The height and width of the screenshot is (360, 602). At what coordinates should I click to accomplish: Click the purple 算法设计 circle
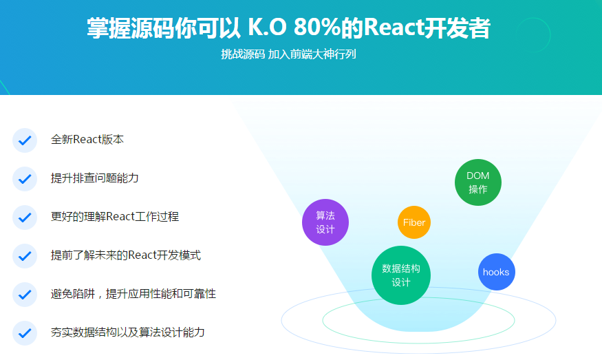[325, 222]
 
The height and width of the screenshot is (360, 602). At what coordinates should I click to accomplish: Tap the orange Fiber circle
[414, 222]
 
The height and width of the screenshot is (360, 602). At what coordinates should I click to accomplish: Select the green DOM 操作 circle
[478, 182]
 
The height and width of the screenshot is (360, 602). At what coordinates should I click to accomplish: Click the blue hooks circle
[497, 272]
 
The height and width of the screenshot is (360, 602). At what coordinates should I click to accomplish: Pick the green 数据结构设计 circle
[401, 275]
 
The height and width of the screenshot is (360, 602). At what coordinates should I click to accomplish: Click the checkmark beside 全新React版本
[25, 140]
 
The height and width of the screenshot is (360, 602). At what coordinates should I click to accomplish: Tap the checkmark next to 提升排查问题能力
[25, 179]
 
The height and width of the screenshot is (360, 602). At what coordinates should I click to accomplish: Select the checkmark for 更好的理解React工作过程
[25, 217]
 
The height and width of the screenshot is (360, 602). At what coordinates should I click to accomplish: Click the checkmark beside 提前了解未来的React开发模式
[25, 256]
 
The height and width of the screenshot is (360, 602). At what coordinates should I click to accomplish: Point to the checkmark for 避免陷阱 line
[25, 295]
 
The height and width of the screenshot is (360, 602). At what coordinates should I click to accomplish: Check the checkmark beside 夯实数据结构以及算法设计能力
[25, 332]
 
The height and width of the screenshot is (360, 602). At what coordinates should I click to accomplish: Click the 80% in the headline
[317, 27]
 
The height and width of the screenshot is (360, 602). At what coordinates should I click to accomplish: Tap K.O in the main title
[267, 27]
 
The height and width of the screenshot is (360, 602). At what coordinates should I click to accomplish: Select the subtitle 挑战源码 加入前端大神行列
[288, 54]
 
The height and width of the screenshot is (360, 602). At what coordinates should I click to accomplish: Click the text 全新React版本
[87, 140]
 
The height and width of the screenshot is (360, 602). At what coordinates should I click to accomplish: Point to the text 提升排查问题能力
[94, 178]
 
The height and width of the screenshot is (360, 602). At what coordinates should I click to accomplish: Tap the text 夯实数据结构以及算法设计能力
[127, 332]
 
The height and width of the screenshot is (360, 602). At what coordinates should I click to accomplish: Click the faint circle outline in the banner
[533, 18]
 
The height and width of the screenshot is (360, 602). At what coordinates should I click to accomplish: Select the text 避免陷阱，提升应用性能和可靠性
[133, 293]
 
